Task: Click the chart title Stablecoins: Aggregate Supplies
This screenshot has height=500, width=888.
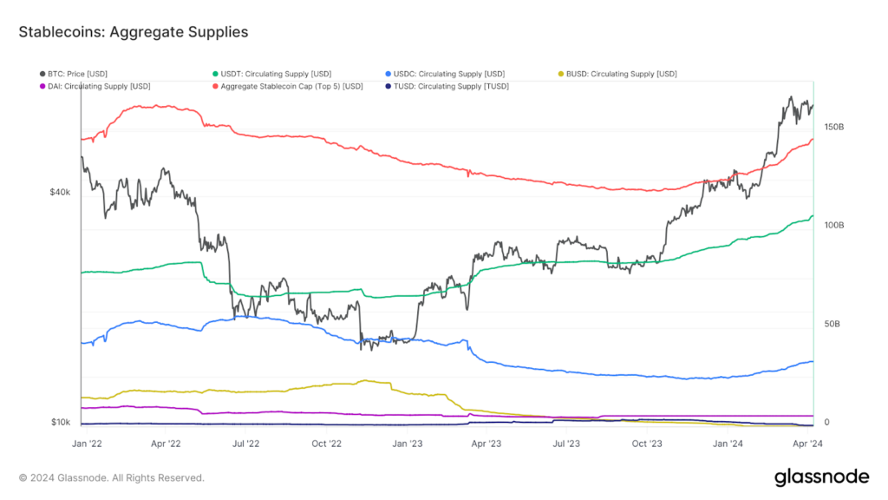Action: [x=134, y=32]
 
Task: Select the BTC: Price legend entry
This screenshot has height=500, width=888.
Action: [x=78, y=74]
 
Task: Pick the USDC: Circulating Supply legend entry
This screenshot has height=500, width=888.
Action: [x=448, y=74]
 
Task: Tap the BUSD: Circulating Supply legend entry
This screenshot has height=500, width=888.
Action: [x=621, y=74]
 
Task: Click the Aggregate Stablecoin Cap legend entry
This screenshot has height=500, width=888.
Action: [x=291, y=86]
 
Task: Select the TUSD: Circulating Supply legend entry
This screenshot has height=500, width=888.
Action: [x=451, y=86]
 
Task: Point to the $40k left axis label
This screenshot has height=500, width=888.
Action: [x=60, y=193]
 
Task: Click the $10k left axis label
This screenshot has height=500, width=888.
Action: [x=60, y=423]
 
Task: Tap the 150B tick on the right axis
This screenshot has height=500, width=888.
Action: [x=833, y=127]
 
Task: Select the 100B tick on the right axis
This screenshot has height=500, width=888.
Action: [x=833, y=225]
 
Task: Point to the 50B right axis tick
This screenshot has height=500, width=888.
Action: [x=832, y=324]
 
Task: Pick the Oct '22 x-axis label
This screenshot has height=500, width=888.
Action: [x=326, y=443]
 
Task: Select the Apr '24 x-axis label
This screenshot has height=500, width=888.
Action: [x=806, y=443]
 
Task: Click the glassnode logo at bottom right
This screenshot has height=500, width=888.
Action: [x=820, y=477]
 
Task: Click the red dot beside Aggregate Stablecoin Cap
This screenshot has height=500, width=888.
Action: [x=215, y=86]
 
